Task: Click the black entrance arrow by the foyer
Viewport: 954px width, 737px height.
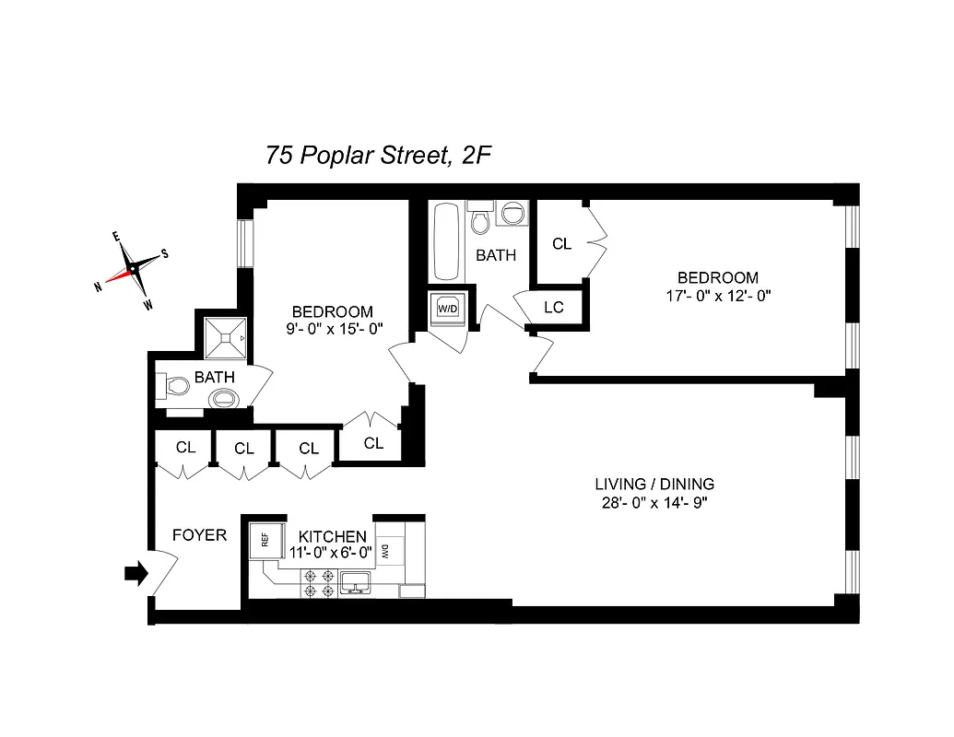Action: (x=135, y=574)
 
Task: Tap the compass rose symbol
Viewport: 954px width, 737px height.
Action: (x=133, y=268)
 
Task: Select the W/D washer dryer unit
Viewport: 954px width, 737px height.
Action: (x=447, y=308)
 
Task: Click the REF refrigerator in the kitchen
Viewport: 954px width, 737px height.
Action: (x=265, y=541)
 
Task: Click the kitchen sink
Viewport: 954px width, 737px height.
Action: (x=355, y=581)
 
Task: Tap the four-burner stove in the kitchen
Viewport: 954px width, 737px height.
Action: (x=316, y=581)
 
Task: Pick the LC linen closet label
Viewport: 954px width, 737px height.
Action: (x=553, y=308)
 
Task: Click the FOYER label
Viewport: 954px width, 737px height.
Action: (x=199, y=534)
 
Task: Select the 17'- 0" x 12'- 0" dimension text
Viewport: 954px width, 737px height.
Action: (x=717, y=297)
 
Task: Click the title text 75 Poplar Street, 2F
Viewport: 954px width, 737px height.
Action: (x=377, y=155)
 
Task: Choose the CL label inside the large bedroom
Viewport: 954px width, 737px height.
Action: (x=561, y=244)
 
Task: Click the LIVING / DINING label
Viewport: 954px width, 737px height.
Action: (x=654, y=484)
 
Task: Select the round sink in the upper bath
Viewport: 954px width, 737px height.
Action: (x=512, y=216)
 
